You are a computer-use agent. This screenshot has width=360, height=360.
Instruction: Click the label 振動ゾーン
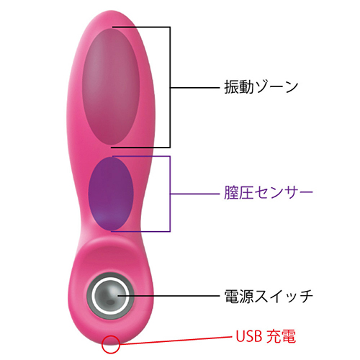click(x=261, y=87)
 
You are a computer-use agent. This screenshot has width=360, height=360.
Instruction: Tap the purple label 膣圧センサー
click(x=269, y=192)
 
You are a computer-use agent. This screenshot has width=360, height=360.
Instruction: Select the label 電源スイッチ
click(x=269, y=297)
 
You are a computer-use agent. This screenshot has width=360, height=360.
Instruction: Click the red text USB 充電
click(x=266, y=336)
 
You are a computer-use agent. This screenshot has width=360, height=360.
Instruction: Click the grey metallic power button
click(x=110, y=296)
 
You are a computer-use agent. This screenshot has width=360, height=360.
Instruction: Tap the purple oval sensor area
click(x=111, y=194)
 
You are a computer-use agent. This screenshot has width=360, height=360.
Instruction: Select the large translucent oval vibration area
click(x=111, y=87)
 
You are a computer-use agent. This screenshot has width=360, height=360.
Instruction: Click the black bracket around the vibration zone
click(x=170, y=87)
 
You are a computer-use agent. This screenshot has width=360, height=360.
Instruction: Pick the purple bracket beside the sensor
click(x=170, y=194)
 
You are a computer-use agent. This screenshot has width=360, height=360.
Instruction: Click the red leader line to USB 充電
click(x=176, y=341)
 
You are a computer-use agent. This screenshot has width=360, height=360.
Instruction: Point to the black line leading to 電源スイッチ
click(x=168, y=296)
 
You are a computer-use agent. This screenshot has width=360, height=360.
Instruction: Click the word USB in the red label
click(x=249, y=336)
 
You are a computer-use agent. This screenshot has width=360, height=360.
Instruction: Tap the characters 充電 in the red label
click(x=282, y=336)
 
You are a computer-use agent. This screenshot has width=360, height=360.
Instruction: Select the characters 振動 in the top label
click(x=239, y=87)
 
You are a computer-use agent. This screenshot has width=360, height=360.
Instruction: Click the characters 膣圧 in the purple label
click(x=239, y=192)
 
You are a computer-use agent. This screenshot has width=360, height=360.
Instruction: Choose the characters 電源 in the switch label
click(x=239, y=297)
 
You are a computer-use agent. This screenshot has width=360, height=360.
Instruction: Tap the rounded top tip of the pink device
click(x=111, y=11)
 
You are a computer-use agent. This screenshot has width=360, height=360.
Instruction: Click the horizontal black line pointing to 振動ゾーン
click(x=195, y=88)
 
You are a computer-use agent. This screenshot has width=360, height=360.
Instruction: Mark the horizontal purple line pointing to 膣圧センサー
click(x=195, y=194)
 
